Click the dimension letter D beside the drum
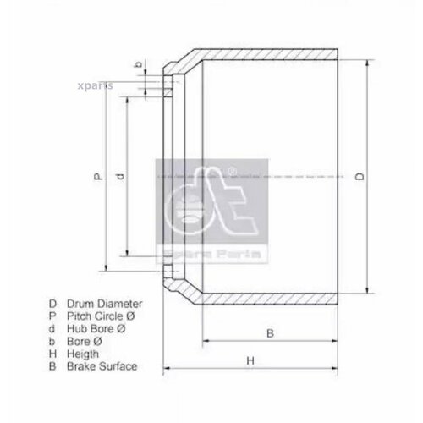pos(359,177)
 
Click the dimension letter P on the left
pos(98,177)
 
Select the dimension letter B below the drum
pos(269,332)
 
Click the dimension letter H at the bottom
pos(251,361)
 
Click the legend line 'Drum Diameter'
pos(107,303)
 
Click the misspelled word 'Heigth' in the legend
pos(85,354)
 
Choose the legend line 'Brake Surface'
pos(104,366)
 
